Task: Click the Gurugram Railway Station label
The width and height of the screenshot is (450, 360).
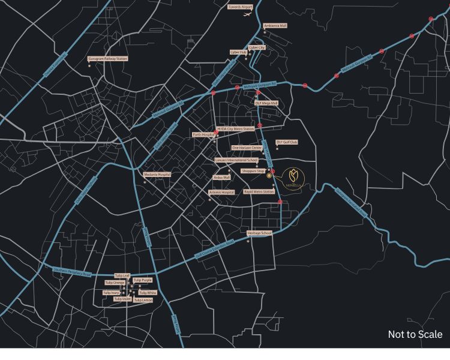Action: (108, 59)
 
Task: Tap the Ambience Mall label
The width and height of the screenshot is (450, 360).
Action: (275, 26)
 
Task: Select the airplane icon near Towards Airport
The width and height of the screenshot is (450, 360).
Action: (247, 14)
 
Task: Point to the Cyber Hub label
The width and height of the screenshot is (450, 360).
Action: (238, 52)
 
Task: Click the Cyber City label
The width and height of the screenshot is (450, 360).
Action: (257, 47)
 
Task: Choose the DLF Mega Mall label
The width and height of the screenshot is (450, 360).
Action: (266, 103)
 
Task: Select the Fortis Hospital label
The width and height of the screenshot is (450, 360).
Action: (203, 135)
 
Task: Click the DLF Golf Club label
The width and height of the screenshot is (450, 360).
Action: (287, 142)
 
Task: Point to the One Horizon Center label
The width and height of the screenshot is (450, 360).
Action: (247, 148)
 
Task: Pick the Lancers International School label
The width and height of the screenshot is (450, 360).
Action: (236, 160)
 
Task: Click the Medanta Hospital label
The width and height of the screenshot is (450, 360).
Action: (157, 175)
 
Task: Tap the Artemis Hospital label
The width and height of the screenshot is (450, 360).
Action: (221, 192)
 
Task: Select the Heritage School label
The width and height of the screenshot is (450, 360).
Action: (259, 233)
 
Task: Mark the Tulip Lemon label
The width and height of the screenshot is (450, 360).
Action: (143, 299)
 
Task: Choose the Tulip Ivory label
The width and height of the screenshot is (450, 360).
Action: (112, 293)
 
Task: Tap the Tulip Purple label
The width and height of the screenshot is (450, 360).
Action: (143, 280)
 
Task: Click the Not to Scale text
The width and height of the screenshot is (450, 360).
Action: (415, 334)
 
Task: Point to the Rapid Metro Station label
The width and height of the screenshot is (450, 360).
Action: (259, 192)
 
